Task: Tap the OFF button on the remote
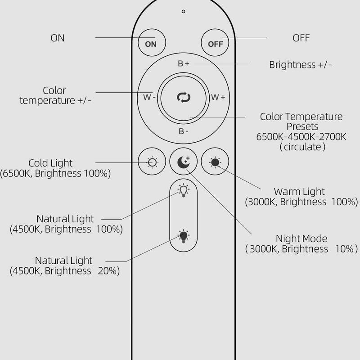[x=215, y=44]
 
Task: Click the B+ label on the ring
[x=184, y=63]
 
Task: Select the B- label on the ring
[x=184, y=131]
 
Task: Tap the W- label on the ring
[x=149, y=97]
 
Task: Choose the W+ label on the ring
[x=218, y=97]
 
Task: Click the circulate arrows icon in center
[x=184, y=97]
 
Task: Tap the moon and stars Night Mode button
[x=184, y=162]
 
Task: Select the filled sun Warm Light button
[x=215, y=162]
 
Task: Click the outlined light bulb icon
[x=184, y=190]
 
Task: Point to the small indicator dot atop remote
[x=184, y=11]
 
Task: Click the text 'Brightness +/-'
[x=301, y=65]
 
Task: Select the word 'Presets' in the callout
[x=302, y=127]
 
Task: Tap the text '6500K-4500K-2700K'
[x=301, y=137]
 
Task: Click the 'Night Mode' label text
[x=301, y=239]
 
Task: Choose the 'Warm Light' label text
[x=299, y=192]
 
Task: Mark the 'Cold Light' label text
[x=50, y=163]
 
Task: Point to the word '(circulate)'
[x=302, y=147]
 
